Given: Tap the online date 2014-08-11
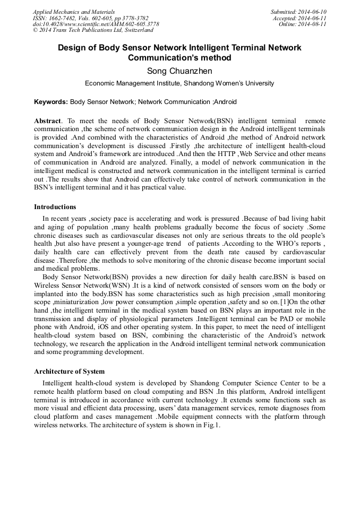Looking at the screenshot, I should (x=312, y=24).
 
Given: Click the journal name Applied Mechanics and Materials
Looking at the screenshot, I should (x=74, y=12).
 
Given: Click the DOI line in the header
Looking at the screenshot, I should (x=96, y=24).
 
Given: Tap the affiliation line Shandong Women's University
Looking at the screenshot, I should (x=179, y=83).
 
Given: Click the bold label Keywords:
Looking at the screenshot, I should (x=51, y=102).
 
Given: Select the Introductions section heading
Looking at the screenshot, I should (x=55, y=207).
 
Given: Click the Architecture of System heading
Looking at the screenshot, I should (x=69, y=372).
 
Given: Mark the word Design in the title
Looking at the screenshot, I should (x=71, y=47).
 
